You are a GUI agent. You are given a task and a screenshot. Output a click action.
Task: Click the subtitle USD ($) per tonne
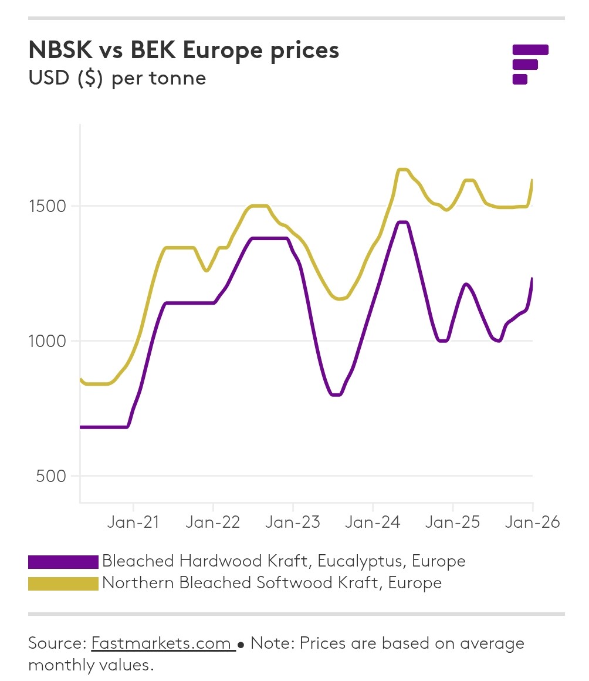tap(117, 78)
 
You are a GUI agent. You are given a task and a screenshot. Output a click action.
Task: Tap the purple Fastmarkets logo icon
tap(530, 64)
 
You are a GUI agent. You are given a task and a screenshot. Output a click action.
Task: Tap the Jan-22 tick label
tap(213, 522)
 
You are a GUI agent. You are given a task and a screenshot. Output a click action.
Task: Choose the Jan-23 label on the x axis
tap(293, 522)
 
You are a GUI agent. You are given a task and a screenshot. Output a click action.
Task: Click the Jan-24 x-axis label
tap(373, 522)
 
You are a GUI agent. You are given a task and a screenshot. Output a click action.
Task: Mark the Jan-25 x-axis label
tap(452, 522)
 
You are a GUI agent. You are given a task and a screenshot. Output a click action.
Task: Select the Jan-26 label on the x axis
tap(532, 522)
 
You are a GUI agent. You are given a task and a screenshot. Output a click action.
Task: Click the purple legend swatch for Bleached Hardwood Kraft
tap(63, 562)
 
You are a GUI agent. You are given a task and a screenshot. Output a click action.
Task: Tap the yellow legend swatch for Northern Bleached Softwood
tap(63, 584)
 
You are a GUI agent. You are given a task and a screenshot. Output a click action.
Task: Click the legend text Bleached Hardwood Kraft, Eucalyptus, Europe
tap(283, 561)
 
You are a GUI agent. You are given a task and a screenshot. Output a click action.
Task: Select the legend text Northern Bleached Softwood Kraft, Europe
tap(272, 583)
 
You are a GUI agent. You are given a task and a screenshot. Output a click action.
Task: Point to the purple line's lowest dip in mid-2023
tap(336, 395)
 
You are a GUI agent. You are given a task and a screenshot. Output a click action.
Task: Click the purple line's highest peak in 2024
tap(403, 222)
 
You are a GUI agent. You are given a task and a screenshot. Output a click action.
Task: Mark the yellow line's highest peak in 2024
tap(403, 169)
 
